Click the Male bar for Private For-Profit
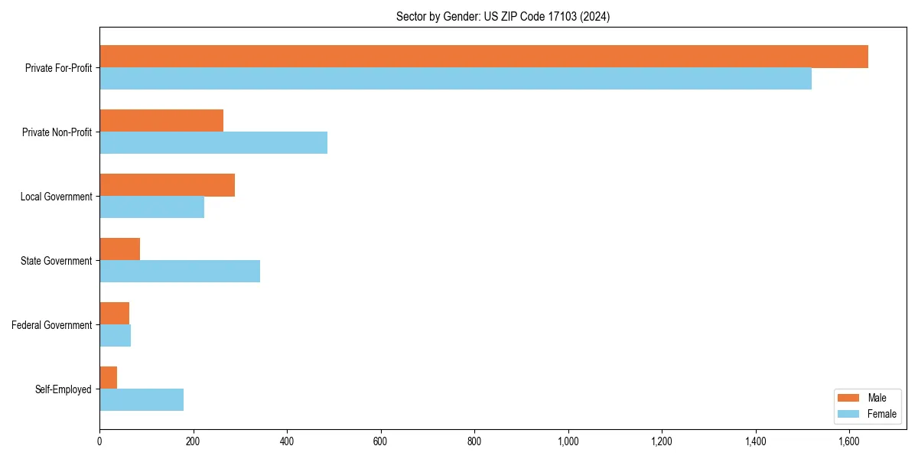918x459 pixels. [483, 57]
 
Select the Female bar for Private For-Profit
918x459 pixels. [455, 79]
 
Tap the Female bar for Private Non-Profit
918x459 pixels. [213, 143]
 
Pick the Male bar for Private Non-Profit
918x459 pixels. [161, 121]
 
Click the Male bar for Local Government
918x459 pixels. [167, 185]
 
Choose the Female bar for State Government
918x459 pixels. [180, 272]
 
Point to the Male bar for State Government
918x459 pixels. [120, 249]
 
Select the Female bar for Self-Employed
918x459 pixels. [142, 400]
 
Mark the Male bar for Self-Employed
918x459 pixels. [109, 378]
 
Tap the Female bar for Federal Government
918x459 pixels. [116, 336]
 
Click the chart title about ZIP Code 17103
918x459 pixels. [503, 16]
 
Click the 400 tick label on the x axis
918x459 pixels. [287, 441]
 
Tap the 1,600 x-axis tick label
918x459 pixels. [849, 441]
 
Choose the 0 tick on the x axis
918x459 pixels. [99, 441]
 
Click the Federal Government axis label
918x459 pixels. [52, 325]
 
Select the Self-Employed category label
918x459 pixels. [63, 389]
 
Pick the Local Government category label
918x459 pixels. [57, 197]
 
